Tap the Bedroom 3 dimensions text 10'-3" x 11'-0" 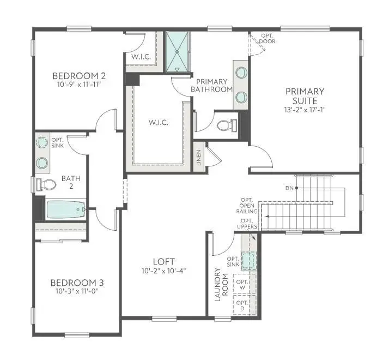(77, 291)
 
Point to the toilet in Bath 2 (44, 184)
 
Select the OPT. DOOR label (267, 38)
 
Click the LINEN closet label (199, 158)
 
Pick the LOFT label (163, 262)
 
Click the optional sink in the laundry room (249, 261)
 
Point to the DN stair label (289, 188)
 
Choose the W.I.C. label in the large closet (159, 122)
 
